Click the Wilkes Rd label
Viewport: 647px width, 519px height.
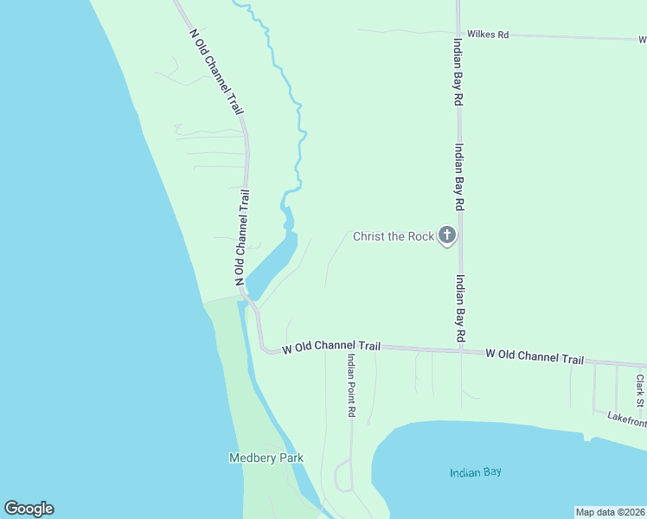click(488, 35)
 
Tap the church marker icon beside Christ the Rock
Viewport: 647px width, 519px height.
click(446, 234)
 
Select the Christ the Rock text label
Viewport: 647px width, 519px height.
click(392, 236)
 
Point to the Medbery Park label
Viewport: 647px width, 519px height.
click(266, 458)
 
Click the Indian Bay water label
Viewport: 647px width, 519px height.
click(476, 472)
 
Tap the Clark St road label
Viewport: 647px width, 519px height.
click(640, 390)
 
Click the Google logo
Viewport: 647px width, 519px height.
click(29, 509)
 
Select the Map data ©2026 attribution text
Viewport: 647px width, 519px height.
click(610, 512)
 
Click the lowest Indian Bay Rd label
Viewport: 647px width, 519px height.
click(461, 308)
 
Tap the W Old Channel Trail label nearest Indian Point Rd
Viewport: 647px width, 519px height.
click(331, 347)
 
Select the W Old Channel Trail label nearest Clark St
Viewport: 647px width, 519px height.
click(535, 356)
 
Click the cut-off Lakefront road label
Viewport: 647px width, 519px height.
click(626, 419)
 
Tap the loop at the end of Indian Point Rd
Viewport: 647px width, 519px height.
click(343, 476)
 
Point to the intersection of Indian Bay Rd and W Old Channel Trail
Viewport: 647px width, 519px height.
click(460, 350)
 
